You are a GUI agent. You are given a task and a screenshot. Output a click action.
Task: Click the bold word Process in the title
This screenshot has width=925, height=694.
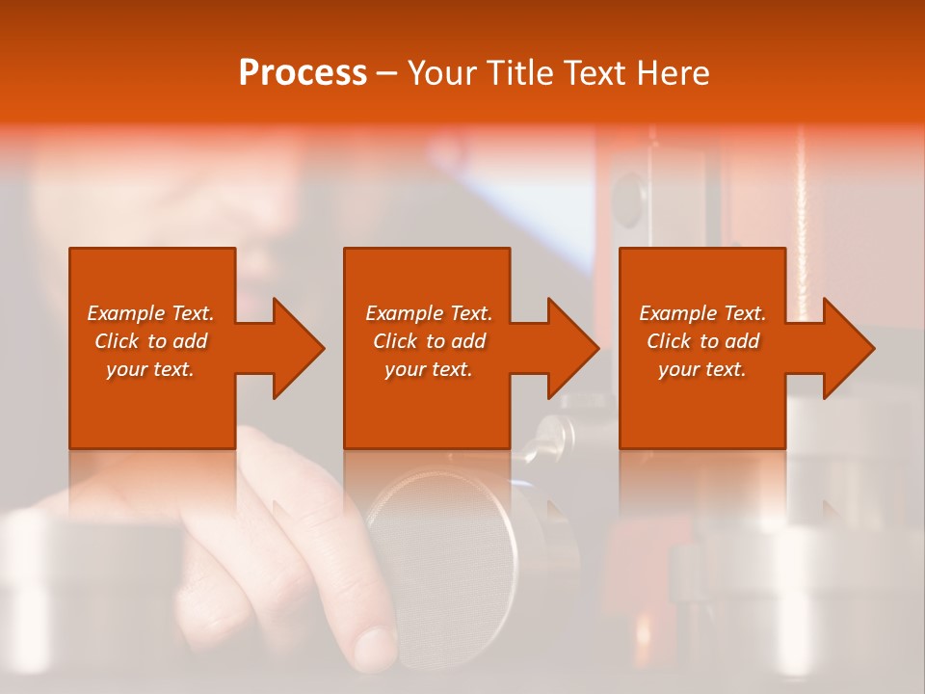tap(303, 73)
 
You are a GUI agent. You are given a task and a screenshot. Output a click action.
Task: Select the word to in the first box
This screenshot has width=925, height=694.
tap(157, 341)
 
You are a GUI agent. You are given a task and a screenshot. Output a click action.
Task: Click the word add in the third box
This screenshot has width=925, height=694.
tap(742, 341)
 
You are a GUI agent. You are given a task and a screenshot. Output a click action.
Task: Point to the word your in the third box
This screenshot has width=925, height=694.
tap(678, 369)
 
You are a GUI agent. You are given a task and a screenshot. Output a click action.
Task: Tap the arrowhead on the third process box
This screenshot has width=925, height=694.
tap(847, 348)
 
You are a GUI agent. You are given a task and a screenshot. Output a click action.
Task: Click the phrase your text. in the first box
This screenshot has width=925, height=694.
tap(150, 369)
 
